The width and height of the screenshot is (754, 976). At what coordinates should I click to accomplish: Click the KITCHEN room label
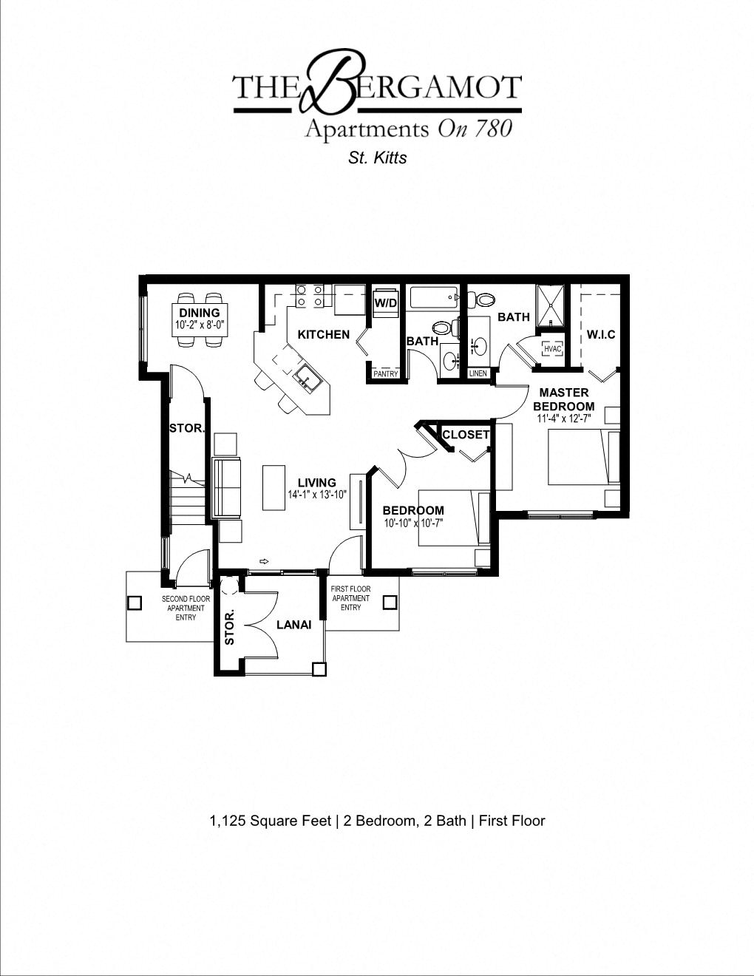pyautogui.click(x=323, y=334)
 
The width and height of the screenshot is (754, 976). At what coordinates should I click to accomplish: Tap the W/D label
pyautogui.click(x=385, y=303)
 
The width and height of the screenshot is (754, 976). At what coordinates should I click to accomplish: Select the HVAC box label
pyautogui.click(x=552, y=349)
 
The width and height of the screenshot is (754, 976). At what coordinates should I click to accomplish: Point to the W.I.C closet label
pyautogui.click(x=600, y=335)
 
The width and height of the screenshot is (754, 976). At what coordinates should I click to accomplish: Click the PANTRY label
pyautogui.click(x=385, y=374)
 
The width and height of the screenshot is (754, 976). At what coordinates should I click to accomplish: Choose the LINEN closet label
pyautogui.click(x=478, y=373)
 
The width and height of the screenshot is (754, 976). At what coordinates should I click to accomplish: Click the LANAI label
pyautogui.click(x=293, y=625)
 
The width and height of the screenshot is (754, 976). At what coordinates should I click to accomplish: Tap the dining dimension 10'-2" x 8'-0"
pyautogui.click(x=200, y=325)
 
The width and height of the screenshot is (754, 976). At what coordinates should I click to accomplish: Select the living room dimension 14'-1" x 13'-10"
pyautogui.click(x=317, y=495)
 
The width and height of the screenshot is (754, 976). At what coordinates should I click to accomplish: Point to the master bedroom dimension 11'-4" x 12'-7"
pyautogui.click(x=563, y=418)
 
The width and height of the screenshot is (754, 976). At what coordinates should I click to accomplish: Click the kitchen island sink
pyautogui.click(x=305, y=379)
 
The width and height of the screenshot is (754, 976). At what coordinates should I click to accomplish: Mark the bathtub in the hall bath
pyautogui.click(x=433, y=298)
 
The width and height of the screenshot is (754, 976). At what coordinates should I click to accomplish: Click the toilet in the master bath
pyautogui.click(x=483, y=299)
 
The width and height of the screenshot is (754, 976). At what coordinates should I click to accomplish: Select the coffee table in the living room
pyautogui.click(x=274, y=487)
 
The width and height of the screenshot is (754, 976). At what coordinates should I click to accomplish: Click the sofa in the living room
pyautogui.click(x=227, y=488)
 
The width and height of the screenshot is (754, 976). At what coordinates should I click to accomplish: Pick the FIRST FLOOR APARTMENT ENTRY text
pyautogui.click(x=350, y=598)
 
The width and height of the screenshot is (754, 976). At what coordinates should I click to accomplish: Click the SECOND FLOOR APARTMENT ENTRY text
pyautogui.click(x=186, y=608)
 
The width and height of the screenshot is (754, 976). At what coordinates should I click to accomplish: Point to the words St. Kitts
pyautogui.click(x=377, y=157)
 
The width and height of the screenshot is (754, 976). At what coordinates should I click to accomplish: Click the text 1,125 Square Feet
pyautogui.click(x=270, y=821)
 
